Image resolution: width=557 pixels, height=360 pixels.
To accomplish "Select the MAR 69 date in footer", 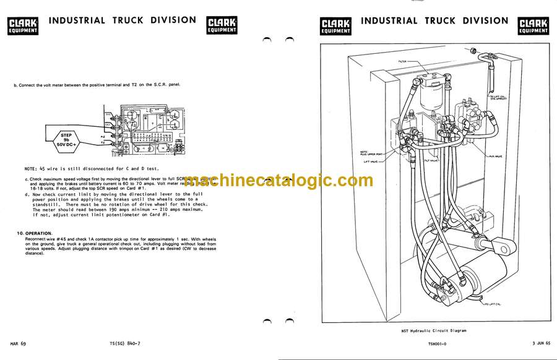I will click(19, 342).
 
